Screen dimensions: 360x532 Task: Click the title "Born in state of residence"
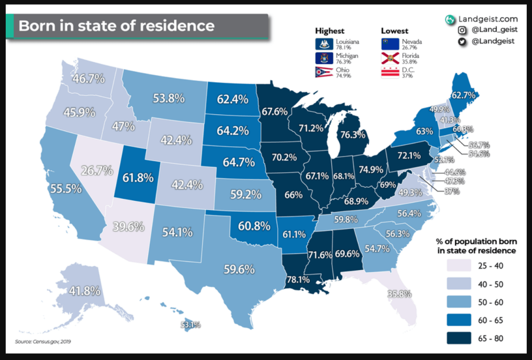[116, 25]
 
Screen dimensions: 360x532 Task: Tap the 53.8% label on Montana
[167, 98]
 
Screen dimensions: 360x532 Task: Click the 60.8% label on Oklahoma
[254, 226]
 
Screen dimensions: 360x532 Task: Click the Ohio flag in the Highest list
[320, 72]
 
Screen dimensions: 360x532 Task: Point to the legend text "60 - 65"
[490, 320]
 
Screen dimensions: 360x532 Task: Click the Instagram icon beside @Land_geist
[461, 31]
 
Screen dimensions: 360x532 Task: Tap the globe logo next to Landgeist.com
[450, 19]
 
